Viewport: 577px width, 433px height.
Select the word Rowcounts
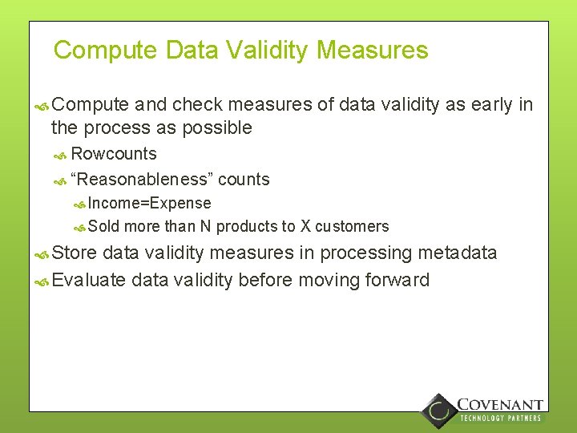point(114,154)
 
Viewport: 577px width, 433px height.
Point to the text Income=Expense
point(150,204)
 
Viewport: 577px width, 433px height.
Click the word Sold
point(103,226)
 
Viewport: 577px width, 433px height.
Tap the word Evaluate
point(89,280)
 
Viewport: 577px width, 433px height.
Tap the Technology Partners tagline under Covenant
point(500,418)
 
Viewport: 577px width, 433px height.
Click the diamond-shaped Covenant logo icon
point(438,411)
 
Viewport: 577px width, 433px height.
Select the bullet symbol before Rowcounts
point(59,155)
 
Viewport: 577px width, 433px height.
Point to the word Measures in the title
point(373,51)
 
